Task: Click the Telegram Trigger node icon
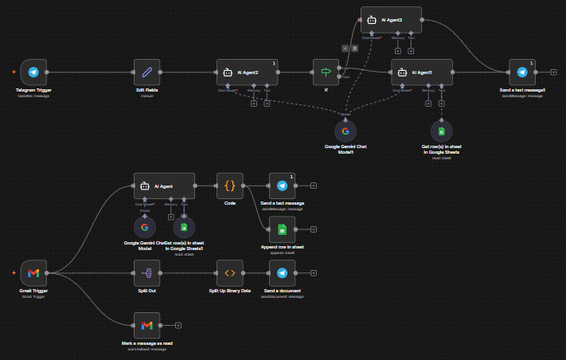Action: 33,72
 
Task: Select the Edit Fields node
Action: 146,72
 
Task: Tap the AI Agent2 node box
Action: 247,72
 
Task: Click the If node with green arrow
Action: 326,72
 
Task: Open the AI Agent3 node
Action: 391,19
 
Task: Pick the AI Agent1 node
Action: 422,72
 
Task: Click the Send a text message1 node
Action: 522,72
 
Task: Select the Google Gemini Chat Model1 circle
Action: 345,131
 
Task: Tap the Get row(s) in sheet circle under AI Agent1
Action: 442,131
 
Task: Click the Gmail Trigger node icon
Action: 33,272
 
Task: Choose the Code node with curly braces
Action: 229,186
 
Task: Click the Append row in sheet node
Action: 282,229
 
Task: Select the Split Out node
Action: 146,272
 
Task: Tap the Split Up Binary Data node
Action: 229,272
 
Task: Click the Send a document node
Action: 282,272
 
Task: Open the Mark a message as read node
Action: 146,325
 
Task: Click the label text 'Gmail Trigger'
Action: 33,292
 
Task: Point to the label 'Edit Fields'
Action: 146,90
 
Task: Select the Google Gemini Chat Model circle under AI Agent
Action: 145,228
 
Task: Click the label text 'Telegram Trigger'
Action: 33,90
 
